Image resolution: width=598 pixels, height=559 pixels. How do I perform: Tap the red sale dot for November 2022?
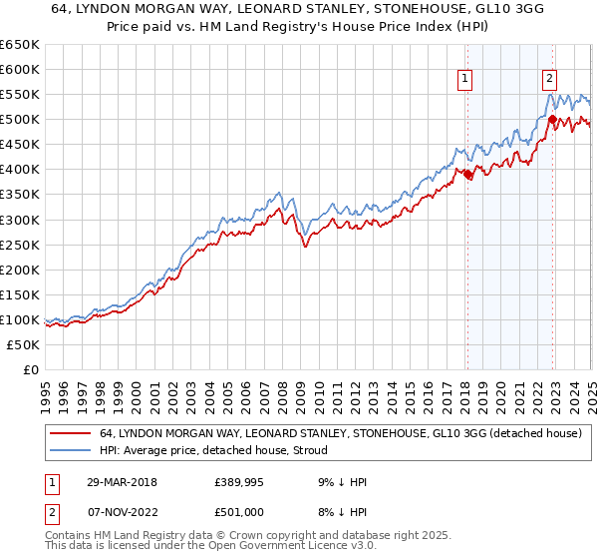pos(552,119)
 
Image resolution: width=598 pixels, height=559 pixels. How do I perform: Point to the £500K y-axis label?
pos(20,120)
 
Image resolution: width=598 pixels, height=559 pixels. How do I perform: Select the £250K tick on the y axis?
pos(20,245)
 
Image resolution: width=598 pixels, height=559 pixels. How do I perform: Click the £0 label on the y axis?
pos(30,369)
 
